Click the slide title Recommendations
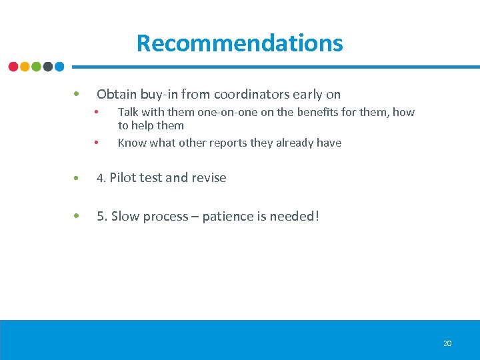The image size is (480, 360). pyautogui.click(x=239, y=43)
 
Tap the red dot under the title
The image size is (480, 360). pyautogui.click(x=13, y=67)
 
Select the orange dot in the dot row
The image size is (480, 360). pyautogui.click(x=25, y=67)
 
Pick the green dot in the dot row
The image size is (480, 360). pyautogui.click(x=36, y=67)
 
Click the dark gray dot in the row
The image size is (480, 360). pyautogui.click(x=48, y=67)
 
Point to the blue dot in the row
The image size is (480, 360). pyautogui.click(x=59, y=67)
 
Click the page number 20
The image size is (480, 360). pyautogui.click(x=447, y=343)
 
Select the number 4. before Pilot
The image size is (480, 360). pyautogui.click(x=102, y=178)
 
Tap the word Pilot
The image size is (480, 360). pyautogui.click(x=121, y=178)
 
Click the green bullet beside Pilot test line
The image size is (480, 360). pyautogui.click(x=78, y=178)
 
